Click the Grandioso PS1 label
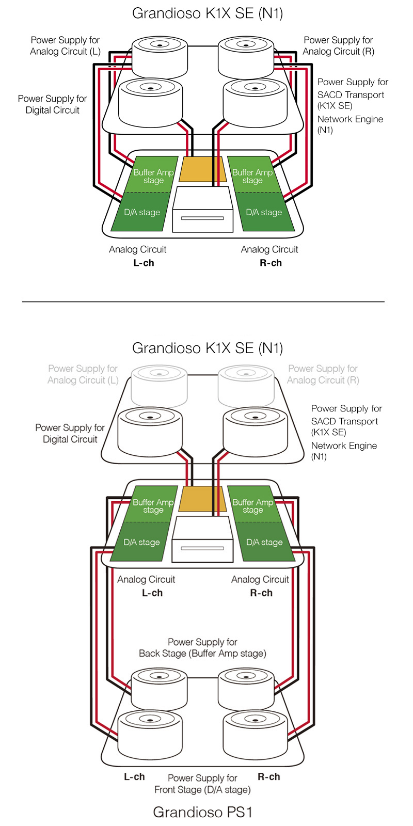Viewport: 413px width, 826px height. tap(202, 812)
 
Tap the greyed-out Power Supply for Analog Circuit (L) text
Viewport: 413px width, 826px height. tap(83, 374)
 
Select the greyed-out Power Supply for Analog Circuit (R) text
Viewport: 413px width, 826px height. tap(323, 374)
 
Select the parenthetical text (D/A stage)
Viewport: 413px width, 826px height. tap(227, 790)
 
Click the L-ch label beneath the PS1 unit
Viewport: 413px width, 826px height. tap(134, 777)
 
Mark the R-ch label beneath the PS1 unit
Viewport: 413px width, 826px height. tap(268, 777)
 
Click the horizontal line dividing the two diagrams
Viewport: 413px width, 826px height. tap(203, 301)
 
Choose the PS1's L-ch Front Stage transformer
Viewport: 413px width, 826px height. tap(150, 733)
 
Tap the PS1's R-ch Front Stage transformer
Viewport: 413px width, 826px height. tap(255, 733)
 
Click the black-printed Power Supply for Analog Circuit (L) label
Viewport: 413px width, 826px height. tap(65, 45)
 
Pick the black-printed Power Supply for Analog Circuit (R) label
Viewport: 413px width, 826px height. tap(338, 45)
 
